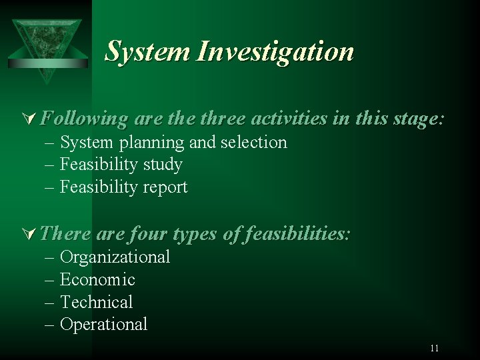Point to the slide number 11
435,348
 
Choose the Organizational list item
115,257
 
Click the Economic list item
97,279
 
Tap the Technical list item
97,302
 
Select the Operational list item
104,325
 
